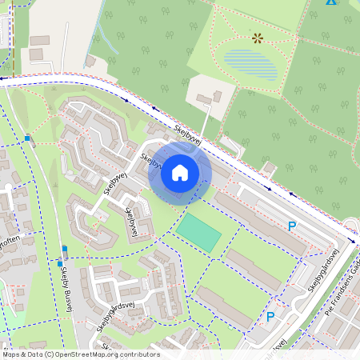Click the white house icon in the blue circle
(180, 172)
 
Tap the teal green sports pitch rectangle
(198, 233)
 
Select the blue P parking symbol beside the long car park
(292, 226)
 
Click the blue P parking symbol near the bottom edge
(270, 317)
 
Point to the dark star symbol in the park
(258, 38)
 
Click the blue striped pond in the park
(251, 64)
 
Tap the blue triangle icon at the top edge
(330, 2)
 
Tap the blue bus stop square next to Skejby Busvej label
(60, 263)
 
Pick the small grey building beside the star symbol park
(206, 98)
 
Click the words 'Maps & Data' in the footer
(23, 354)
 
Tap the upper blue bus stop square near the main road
(28, 138)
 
